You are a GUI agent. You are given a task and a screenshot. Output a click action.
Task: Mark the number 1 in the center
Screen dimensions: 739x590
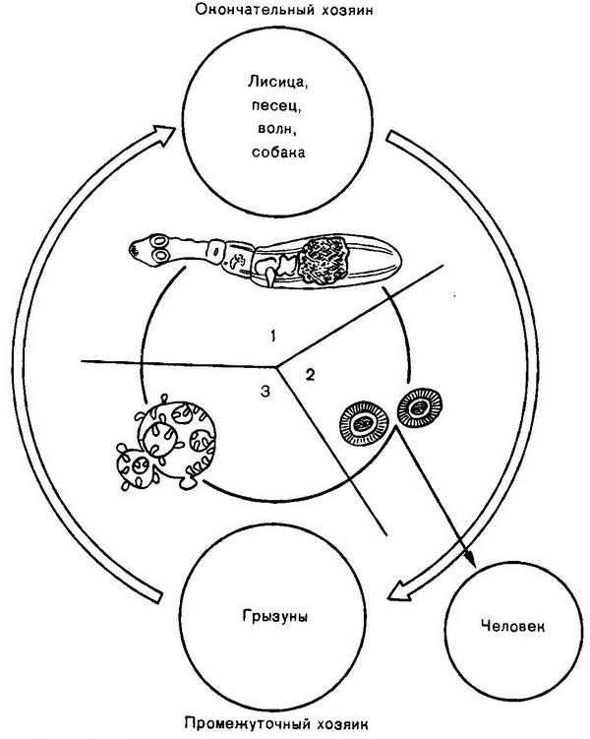coord(272,337)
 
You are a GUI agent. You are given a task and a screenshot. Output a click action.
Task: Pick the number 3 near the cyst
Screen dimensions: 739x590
coord(263,392)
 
